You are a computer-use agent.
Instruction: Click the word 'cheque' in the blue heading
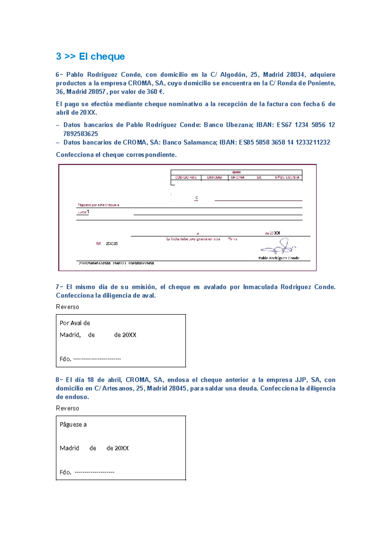[x=107, y=57]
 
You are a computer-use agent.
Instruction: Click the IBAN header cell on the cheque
[x=236, y=172]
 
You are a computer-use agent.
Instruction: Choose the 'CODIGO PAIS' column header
[x=186, y=177]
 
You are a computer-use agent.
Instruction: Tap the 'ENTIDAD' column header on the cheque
[x=214, y=177]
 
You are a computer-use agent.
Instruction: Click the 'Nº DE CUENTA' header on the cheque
[x=287, y=177]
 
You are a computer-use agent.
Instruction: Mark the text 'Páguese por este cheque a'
[x=98, y=205]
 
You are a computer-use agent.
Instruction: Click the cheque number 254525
[x=112, y=244]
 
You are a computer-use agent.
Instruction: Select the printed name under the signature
[x=279, y=258]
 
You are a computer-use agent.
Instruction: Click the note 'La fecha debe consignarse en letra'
[x=193, y=239]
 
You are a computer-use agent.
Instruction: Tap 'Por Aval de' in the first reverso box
[x=75, y=323]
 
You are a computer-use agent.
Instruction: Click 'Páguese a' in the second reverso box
[x=73, y=425]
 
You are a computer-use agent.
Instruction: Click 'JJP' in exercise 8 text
[x=301, y=380]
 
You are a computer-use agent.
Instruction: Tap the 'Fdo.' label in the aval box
[x=65, y=359]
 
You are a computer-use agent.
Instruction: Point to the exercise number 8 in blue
[x=57, y=380]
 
